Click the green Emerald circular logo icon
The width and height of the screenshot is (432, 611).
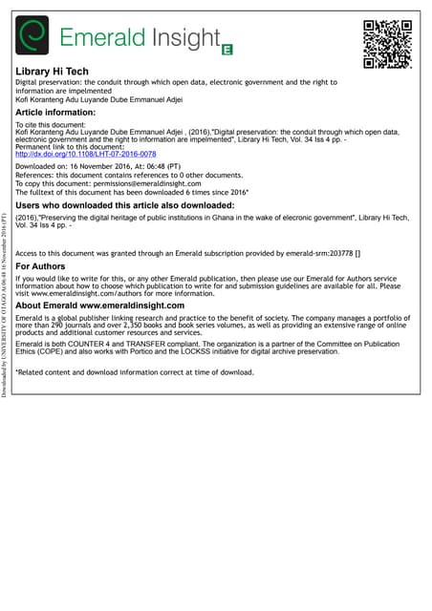point(33,37)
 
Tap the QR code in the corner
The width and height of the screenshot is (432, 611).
point(387,44)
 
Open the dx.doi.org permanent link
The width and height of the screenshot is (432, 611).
point(86,153)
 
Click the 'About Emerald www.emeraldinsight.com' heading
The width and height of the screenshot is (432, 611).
point(100,305)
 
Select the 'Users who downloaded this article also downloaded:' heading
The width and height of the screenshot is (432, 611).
point(125,205)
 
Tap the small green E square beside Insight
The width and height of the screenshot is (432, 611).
point(227,47)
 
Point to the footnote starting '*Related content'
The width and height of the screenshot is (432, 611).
point(135,371)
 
